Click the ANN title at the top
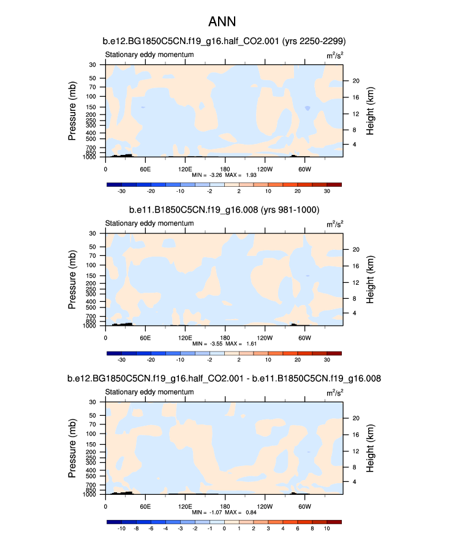[x=224, y=21]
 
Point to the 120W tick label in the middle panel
[x=265, y=337]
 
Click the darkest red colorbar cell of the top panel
[x=334, y=184]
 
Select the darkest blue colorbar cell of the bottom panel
[x=114, y=522]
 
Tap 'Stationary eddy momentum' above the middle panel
[x=149, y=224]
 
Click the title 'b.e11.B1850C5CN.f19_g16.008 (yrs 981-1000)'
[x=224, y=210]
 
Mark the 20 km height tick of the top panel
[x=354, y=81]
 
